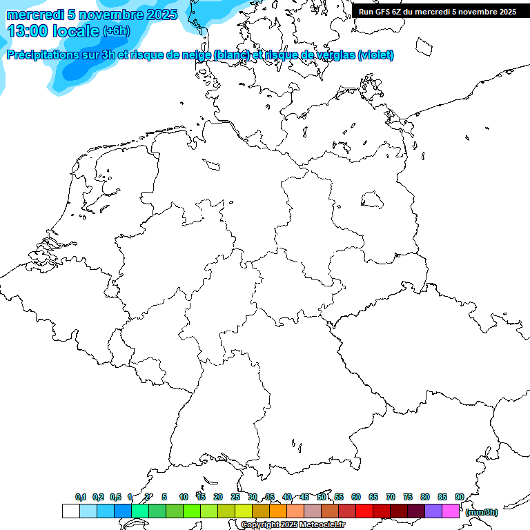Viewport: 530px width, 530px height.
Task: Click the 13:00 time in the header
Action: pos(27,31)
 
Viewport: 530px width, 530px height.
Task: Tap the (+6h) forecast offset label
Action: pos(116,31)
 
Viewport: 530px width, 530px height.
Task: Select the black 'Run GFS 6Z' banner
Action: pos(438,12)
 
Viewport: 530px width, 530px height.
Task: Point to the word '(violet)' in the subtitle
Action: pos(376,55)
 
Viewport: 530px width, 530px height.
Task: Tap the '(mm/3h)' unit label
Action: pos(481,512)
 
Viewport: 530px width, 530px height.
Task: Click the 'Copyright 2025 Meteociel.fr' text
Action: pos(293,524)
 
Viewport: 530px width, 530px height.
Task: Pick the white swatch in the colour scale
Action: pos(70,511)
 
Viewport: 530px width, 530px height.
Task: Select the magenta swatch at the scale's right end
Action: pos(451,511)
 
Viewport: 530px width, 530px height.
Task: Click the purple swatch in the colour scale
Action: pos(433,511)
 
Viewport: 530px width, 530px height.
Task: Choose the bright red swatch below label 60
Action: pos(364,511)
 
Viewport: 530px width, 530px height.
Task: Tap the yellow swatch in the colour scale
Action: pos(244,511)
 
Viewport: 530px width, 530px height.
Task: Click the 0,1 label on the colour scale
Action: pos(81,497)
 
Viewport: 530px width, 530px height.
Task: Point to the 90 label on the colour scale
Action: pos(460,497)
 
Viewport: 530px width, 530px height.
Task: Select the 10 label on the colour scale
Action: pos(184,497)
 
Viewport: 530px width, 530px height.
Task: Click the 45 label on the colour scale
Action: pos(304,497)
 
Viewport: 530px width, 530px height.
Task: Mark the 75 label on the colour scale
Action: pos(408,497)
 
